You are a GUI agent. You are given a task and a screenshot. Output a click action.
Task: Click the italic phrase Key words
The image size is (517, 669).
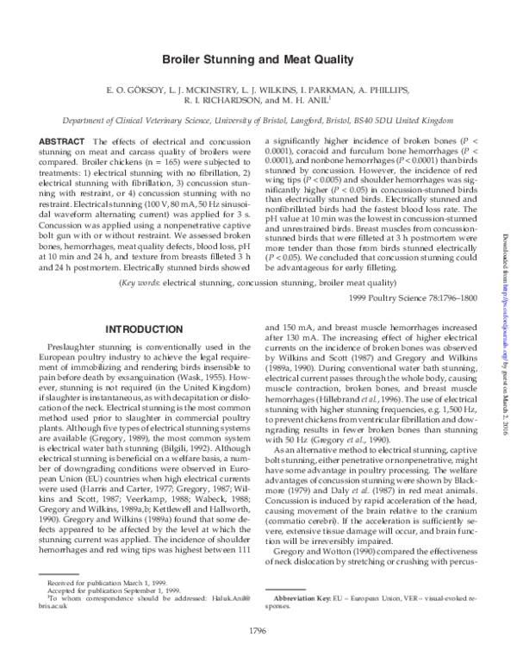[x=139, y=258]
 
